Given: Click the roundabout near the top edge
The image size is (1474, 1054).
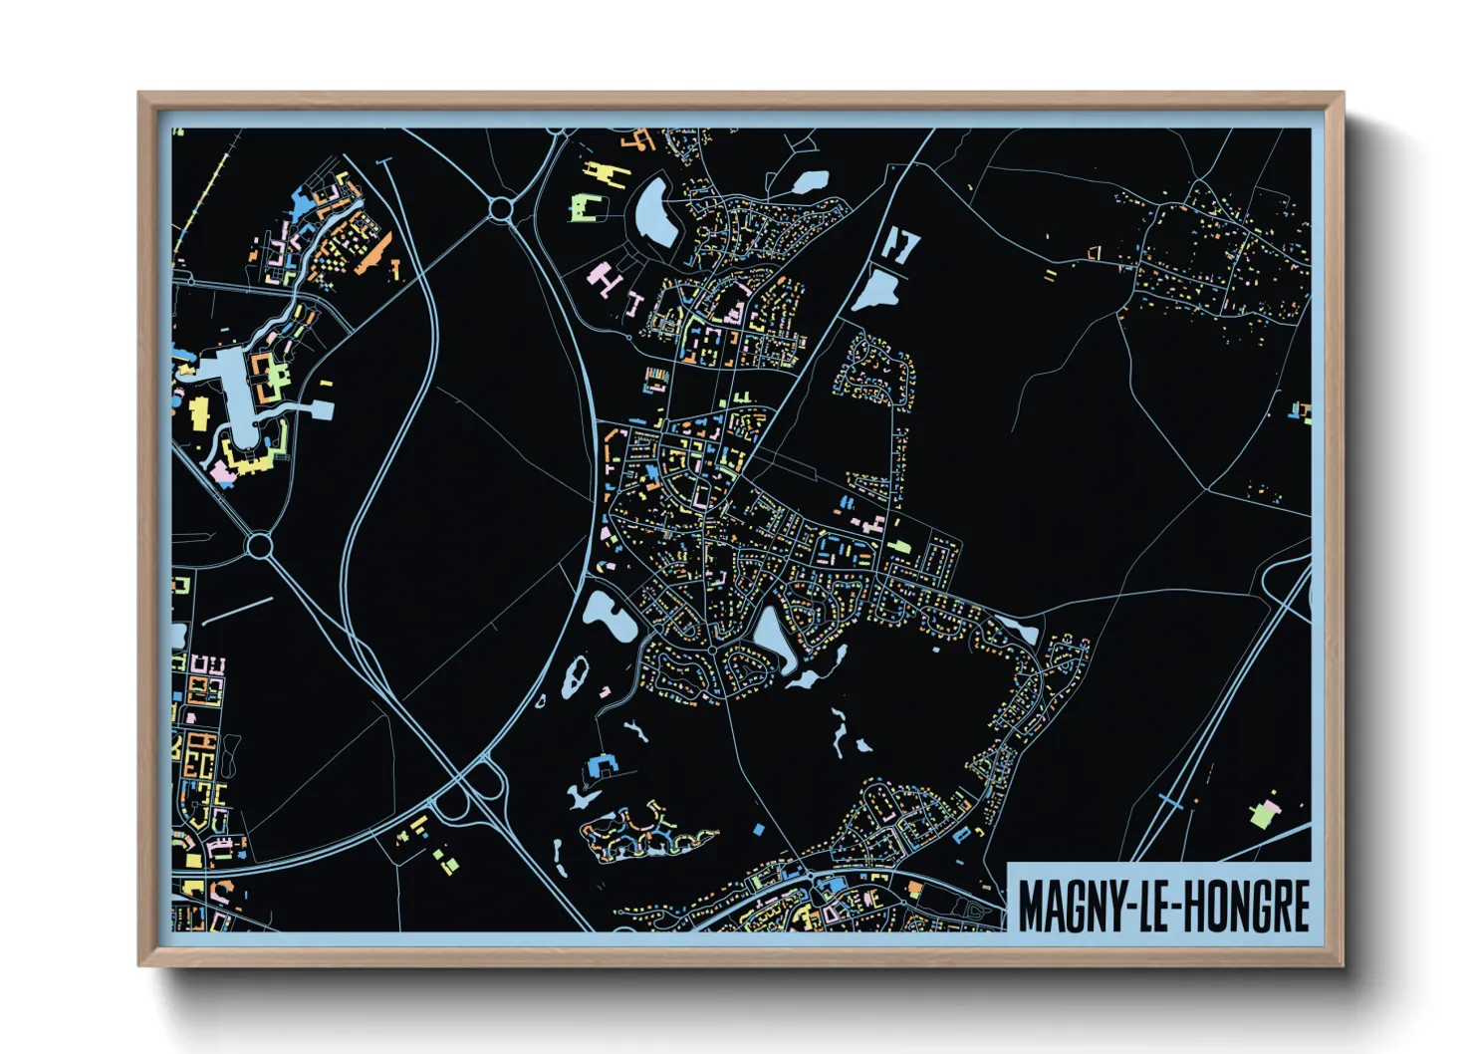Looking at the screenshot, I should tap(500, 208).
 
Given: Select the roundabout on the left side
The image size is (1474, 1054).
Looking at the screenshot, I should tap(260, 545).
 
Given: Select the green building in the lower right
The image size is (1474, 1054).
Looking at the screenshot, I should tap(1262, 815).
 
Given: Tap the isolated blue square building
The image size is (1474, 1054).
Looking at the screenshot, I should tap(758, 829).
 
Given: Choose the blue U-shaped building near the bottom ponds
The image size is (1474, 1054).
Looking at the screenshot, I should tap(604, 765).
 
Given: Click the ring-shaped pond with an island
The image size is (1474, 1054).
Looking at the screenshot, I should tap(574, 677).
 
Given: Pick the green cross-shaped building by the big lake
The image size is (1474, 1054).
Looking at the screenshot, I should tap(277, 377).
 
